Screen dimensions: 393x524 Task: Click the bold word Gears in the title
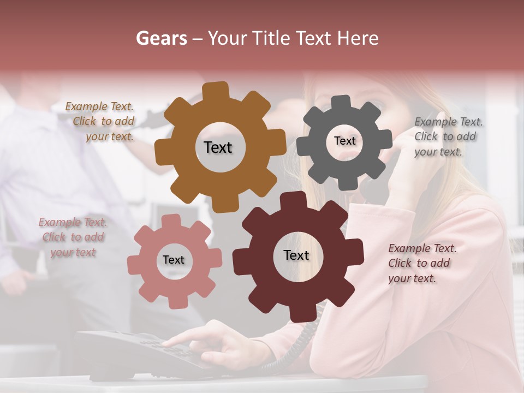pyautogui.click(x=161, y=38)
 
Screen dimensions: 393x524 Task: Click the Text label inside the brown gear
pyautogui.click(x=218, y=147)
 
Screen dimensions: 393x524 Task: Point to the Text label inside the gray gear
pyautogui.click(x=344, y=141)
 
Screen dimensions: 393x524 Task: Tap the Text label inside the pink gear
pyautogui.click(x=174, y=260)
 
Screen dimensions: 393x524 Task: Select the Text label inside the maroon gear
pyautogui.click(x=296, y=255)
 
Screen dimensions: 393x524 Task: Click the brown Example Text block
pyautogui.click(x=101, y=122)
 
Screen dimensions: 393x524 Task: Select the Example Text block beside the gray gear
pyautogui.click(x=448, y=136)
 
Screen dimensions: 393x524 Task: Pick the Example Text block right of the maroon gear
pyautogui.click(x=421, y=263)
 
